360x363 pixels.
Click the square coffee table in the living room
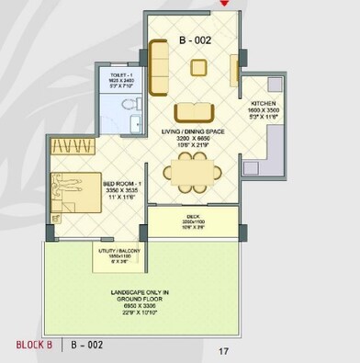pos(198,66)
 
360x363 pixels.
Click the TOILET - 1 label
pos(121,78)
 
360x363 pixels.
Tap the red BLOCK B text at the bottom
pos(35,346)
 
